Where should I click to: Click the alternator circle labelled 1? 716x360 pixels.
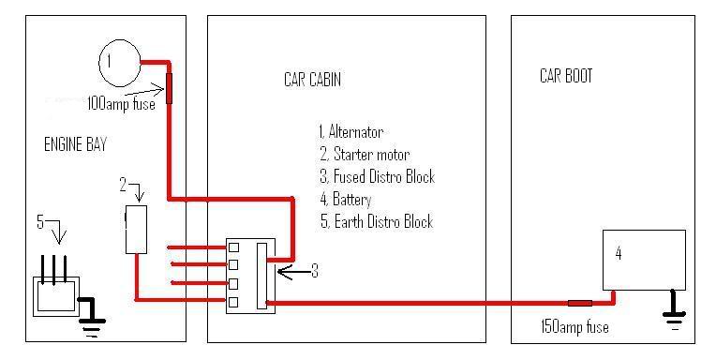pyautogui.click(x=119, y=62)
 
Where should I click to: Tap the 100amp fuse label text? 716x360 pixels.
pyautogui.click(x=122, y=104)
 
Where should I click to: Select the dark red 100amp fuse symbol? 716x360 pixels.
pyautogui.click(x=170, y=87)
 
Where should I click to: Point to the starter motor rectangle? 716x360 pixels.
pyautogui.click(x=136, y=231)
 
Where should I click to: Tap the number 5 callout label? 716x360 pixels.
pyautogui.click(x=40, y=222)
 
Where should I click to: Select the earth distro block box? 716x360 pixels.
pyautogui.click(x=57, y=296)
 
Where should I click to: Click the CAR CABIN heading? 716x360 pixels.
pyautogui.click(x=312, y=81)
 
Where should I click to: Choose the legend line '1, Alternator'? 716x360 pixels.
pyautogui.click(x=351, y=132)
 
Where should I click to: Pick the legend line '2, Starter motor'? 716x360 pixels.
pyautogui.click(x=364, y=155)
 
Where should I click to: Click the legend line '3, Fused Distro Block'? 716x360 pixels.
pyautogui.click(x=376, y=177)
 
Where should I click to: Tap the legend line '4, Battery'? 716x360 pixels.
pyautogui.click(x=345, y=200)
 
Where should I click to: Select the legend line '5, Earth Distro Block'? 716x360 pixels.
pyautogui.click(x=375, y=222)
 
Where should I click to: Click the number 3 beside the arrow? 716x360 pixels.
pyautogui.click(x=315, y=271)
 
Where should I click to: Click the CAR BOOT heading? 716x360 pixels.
pyautogui.click(x=566, y=75)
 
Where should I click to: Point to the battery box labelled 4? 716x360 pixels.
pyautogui.click(x=644, y=259)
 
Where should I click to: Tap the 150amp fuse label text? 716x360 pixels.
pyautogui.click(x=574, y=327)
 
